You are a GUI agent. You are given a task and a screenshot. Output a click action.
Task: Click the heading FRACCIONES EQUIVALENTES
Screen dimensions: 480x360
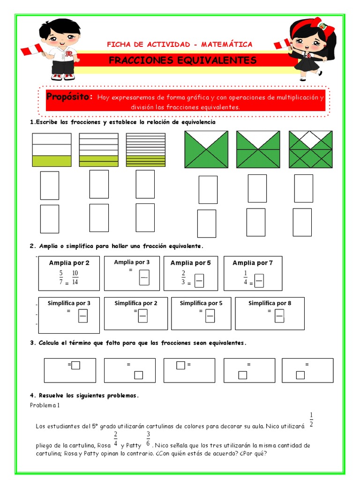[x=182, y=60]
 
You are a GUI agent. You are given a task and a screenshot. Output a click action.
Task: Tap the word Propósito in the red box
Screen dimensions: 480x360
[x=68, y=97]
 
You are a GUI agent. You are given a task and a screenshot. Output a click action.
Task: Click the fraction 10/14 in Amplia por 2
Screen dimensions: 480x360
[x=75, y=278]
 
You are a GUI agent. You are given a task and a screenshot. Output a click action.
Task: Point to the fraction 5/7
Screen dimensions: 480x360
[x=60, y=278]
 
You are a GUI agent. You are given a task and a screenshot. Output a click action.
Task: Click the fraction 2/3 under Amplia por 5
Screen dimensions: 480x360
[x=184, y=278]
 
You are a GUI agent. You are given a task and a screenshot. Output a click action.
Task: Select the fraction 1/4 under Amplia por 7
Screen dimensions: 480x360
[x=245, y=278]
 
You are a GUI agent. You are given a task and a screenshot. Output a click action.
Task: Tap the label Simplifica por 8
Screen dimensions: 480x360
[x=270, y=303]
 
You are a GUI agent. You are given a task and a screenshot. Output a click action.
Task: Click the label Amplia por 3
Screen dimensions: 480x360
[x=132, y=262]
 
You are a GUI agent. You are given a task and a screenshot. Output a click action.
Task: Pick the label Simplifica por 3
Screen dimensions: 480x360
[x=69, y=303]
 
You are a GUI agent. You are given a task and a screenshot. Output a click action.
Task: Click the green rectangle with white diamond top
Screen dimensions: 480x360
[x=310, y=149]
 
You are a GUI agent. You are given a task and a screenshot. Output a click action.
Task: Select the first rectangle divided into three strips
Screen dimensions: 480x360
[x=52, y=150]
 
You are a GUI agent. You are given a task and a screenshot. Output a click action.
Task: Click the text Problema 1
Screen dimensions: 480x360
[x=45, y=405]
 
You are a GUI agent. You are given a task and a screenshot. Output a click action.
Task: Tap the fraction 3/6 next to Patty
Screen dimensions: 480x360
[x=148, y=439]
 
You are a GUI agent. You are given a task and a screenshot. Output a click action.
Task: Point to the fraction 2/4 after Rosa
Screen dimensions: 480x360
[x=115, y=439]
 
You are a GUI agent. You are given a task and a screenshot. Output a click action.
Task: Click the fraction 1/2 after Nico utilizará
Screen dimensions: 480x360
[x=311, y=420]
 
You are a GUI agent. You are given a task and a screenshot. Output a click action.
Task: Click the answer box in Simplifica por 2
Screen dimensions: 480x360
[x=143, y=317]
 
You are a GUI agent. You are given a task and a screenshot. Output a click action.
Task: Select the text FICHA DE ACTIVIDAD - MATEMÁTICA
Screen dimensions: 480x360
[x=180, y=45]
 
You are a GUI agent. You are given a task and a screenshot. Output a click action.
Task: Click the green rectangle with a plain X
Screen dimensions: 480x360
[x=206, y=149]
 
